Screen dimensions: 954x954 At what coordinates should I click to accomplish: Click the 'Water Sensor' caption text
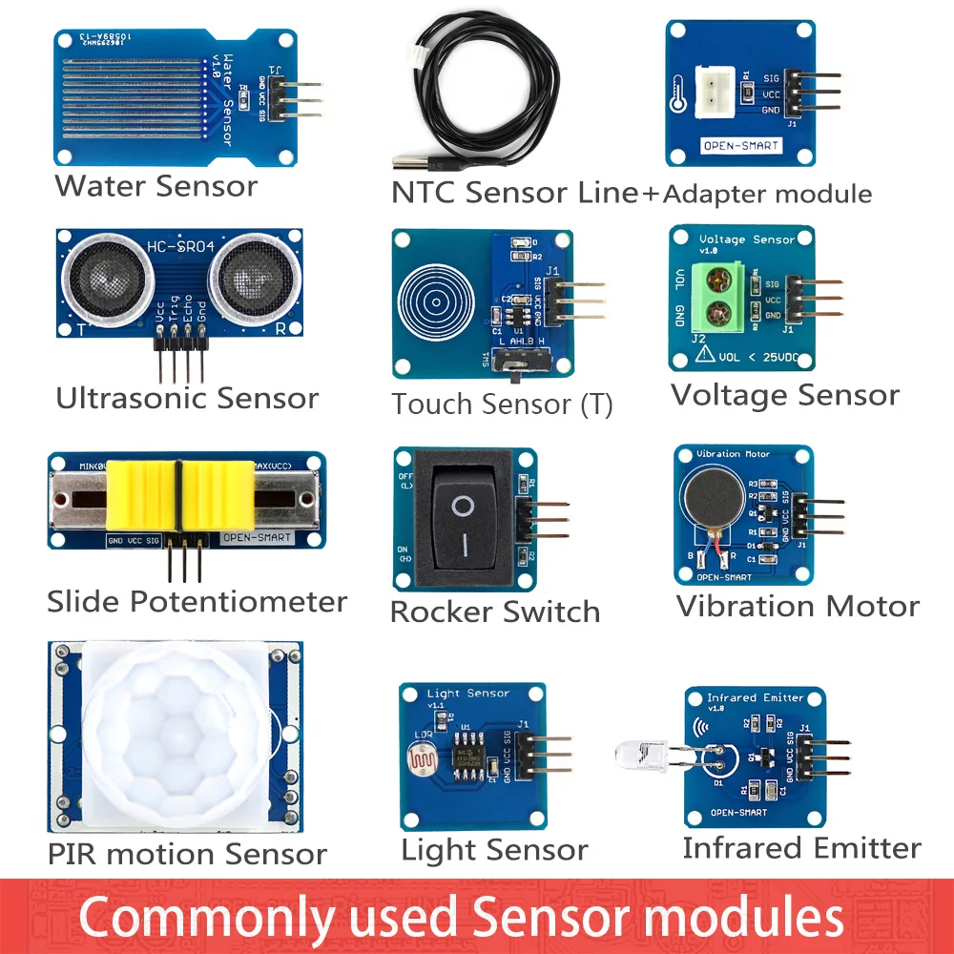click(156, 185)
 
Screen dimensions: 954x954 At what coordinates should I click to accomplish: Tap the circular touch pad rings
click(435, 295)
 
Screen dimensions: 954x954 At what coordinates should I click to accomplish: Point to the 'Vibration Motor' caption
click(798, 606)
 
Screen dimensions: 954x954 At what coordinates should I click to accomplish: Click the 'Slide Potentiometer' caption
click(197, 602)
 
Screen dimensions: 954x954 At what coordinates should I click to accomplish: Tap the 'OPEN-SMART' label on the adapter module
click(741, 146)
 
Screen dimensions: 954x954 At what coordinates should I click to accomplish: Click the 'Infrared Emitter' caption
click(801, 847)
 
